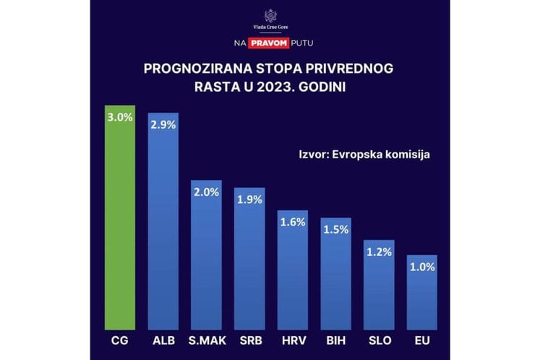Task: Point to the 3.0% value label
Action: tap(120, 117)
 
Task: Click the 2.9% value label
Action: tap(163, 124)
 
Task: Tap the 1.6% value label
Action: tap(292, 221)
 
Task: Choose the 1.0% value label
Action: tap(421, 266)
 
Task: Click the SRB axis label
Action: tap(249, 340)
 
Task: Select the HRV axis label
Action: tap(293, 340)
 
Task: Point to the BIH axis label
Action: tap(335, 340)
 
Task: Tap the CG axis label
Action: tap(120, 340)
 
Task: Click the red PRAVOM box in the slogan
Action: tap(270, 43)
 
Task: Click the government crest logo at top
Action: tap(270, 15)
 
